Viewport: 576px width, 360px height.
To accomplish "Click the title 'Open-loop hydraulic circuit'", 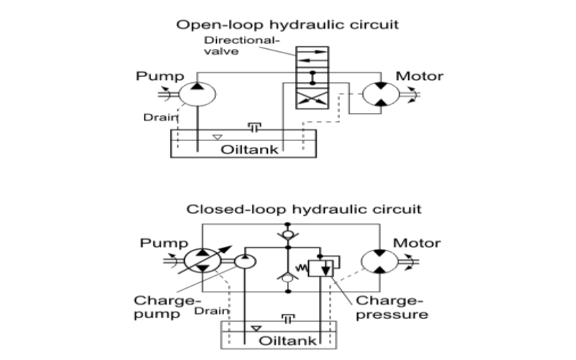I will click(x=288, y=24).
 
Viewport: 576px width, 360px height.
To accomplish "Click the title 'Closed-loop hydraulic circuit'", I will click(x=287, y=210).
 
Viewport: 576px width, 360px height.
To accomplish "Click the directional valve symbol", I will click(x=311, y=80).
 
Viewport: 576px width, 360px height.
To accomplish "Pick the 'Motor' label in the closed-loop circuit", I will click(x=416, y=243).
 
